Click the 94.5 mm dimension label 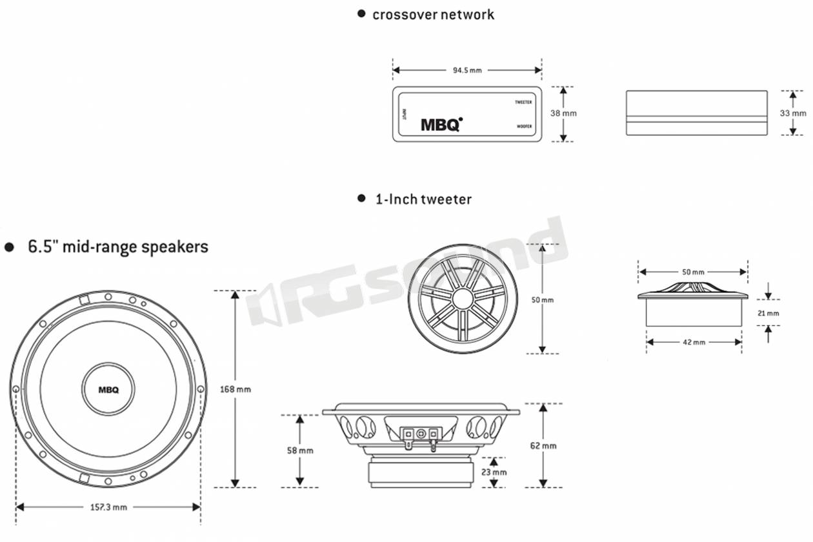[x=467, y=70]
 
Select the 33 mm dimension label [x=793, y=112]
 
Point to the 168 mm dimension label [x=235, y=389]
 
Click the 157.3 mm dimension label [x=107, y=507]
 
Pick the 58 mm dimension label [x=300, y=450]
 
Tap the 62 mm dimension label [x=543, y=446]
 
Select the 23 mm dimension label [x=494, y=472]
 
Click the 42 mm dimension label [x=694, y=342]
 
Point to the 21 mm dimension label [x=768, y=314]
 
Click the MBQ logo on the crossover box [x=441, y=124]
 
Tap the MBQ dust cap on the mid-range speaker [x=108, y=389]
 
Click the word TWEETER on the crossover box [x=523, y=102]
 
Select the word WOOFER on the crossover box [x=525, y=126]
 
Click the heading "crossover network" [x=433, y=14]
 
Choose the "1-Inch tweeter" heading [x=423, y=199]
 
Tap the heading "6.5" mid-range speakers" [x=117, y=246]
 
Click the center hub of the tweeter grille [x=461, y=299]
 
